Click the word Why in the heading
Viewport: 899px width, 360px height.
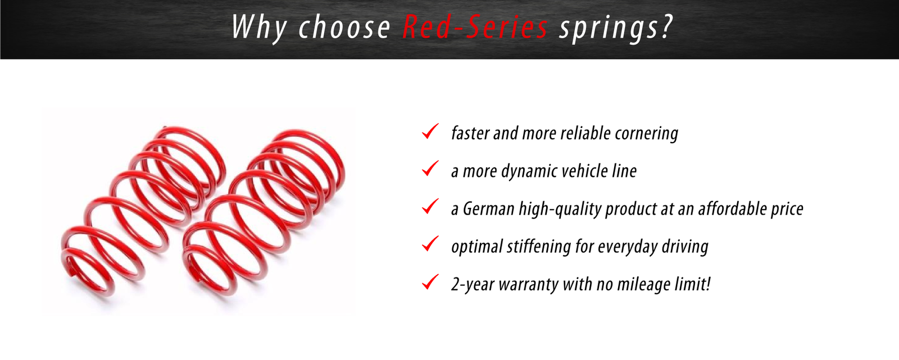[259, 28]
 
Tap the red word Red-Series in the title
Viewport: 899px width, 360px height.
[475, 26]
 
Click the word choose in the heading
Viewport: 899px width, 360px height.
[344, 27]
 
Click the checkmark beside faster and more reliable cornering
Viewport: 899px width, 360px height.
[430, 131]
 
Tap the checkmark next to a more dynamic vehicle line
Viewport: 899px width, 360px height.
[430, 168]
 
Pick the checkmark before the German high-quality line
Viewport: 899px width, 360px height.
[430, 206]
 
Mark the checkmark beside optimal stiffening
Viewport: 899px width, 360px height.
[430, 244]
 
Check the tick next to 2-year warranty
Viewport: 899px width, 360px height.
[430, 282]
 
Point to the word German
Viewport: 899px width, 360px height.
[488, 209]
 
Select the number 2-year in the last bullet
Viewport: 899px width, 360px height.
[473, 285]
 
